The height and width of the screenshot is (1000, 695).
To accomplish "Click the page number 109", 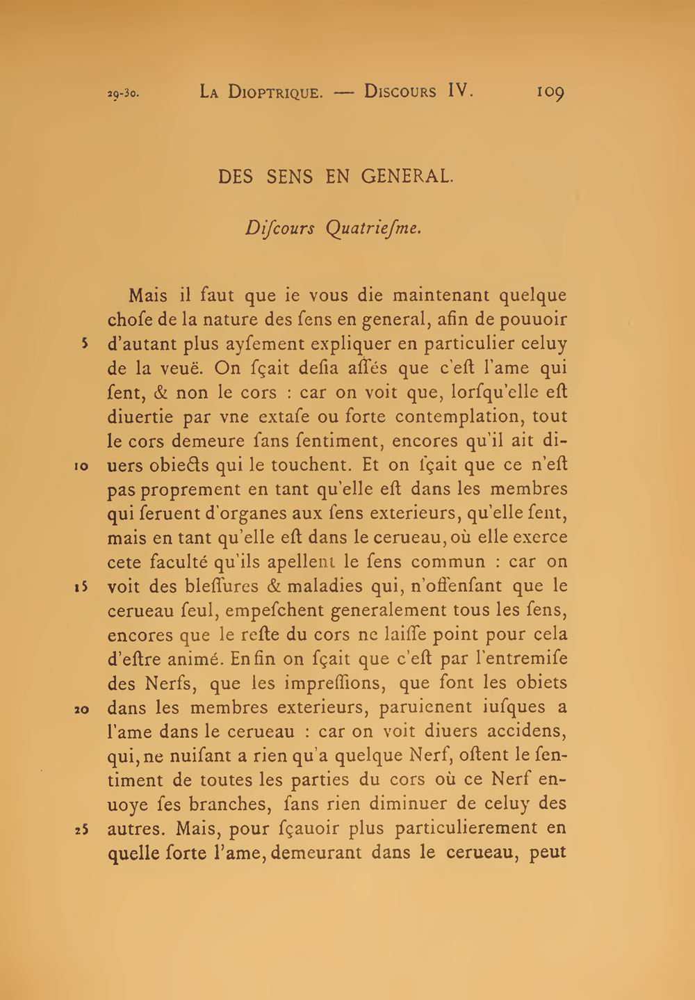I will click(550, 92).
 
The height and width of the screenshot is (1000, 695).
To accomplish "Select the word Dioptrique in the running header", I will click(275, 92).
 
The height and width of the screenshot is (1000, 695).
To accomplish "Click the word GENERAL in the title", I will click(407, 177).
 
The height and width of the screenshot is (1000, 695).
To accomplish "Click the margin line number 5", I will click(83, 344).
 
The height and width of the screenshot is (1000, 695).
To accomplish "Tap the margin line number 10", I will click(81, 466).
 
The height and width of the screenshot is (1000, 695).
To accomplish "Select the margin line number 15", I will click(81, 587).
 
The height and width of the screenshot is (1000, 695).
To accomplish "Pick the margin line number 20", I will click(81, 709).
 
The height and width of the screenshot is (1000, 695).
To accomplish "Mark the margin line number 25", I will click(81, 830).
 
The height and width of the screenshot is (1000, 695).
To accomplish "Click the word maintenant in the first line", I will click(441, 296).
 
